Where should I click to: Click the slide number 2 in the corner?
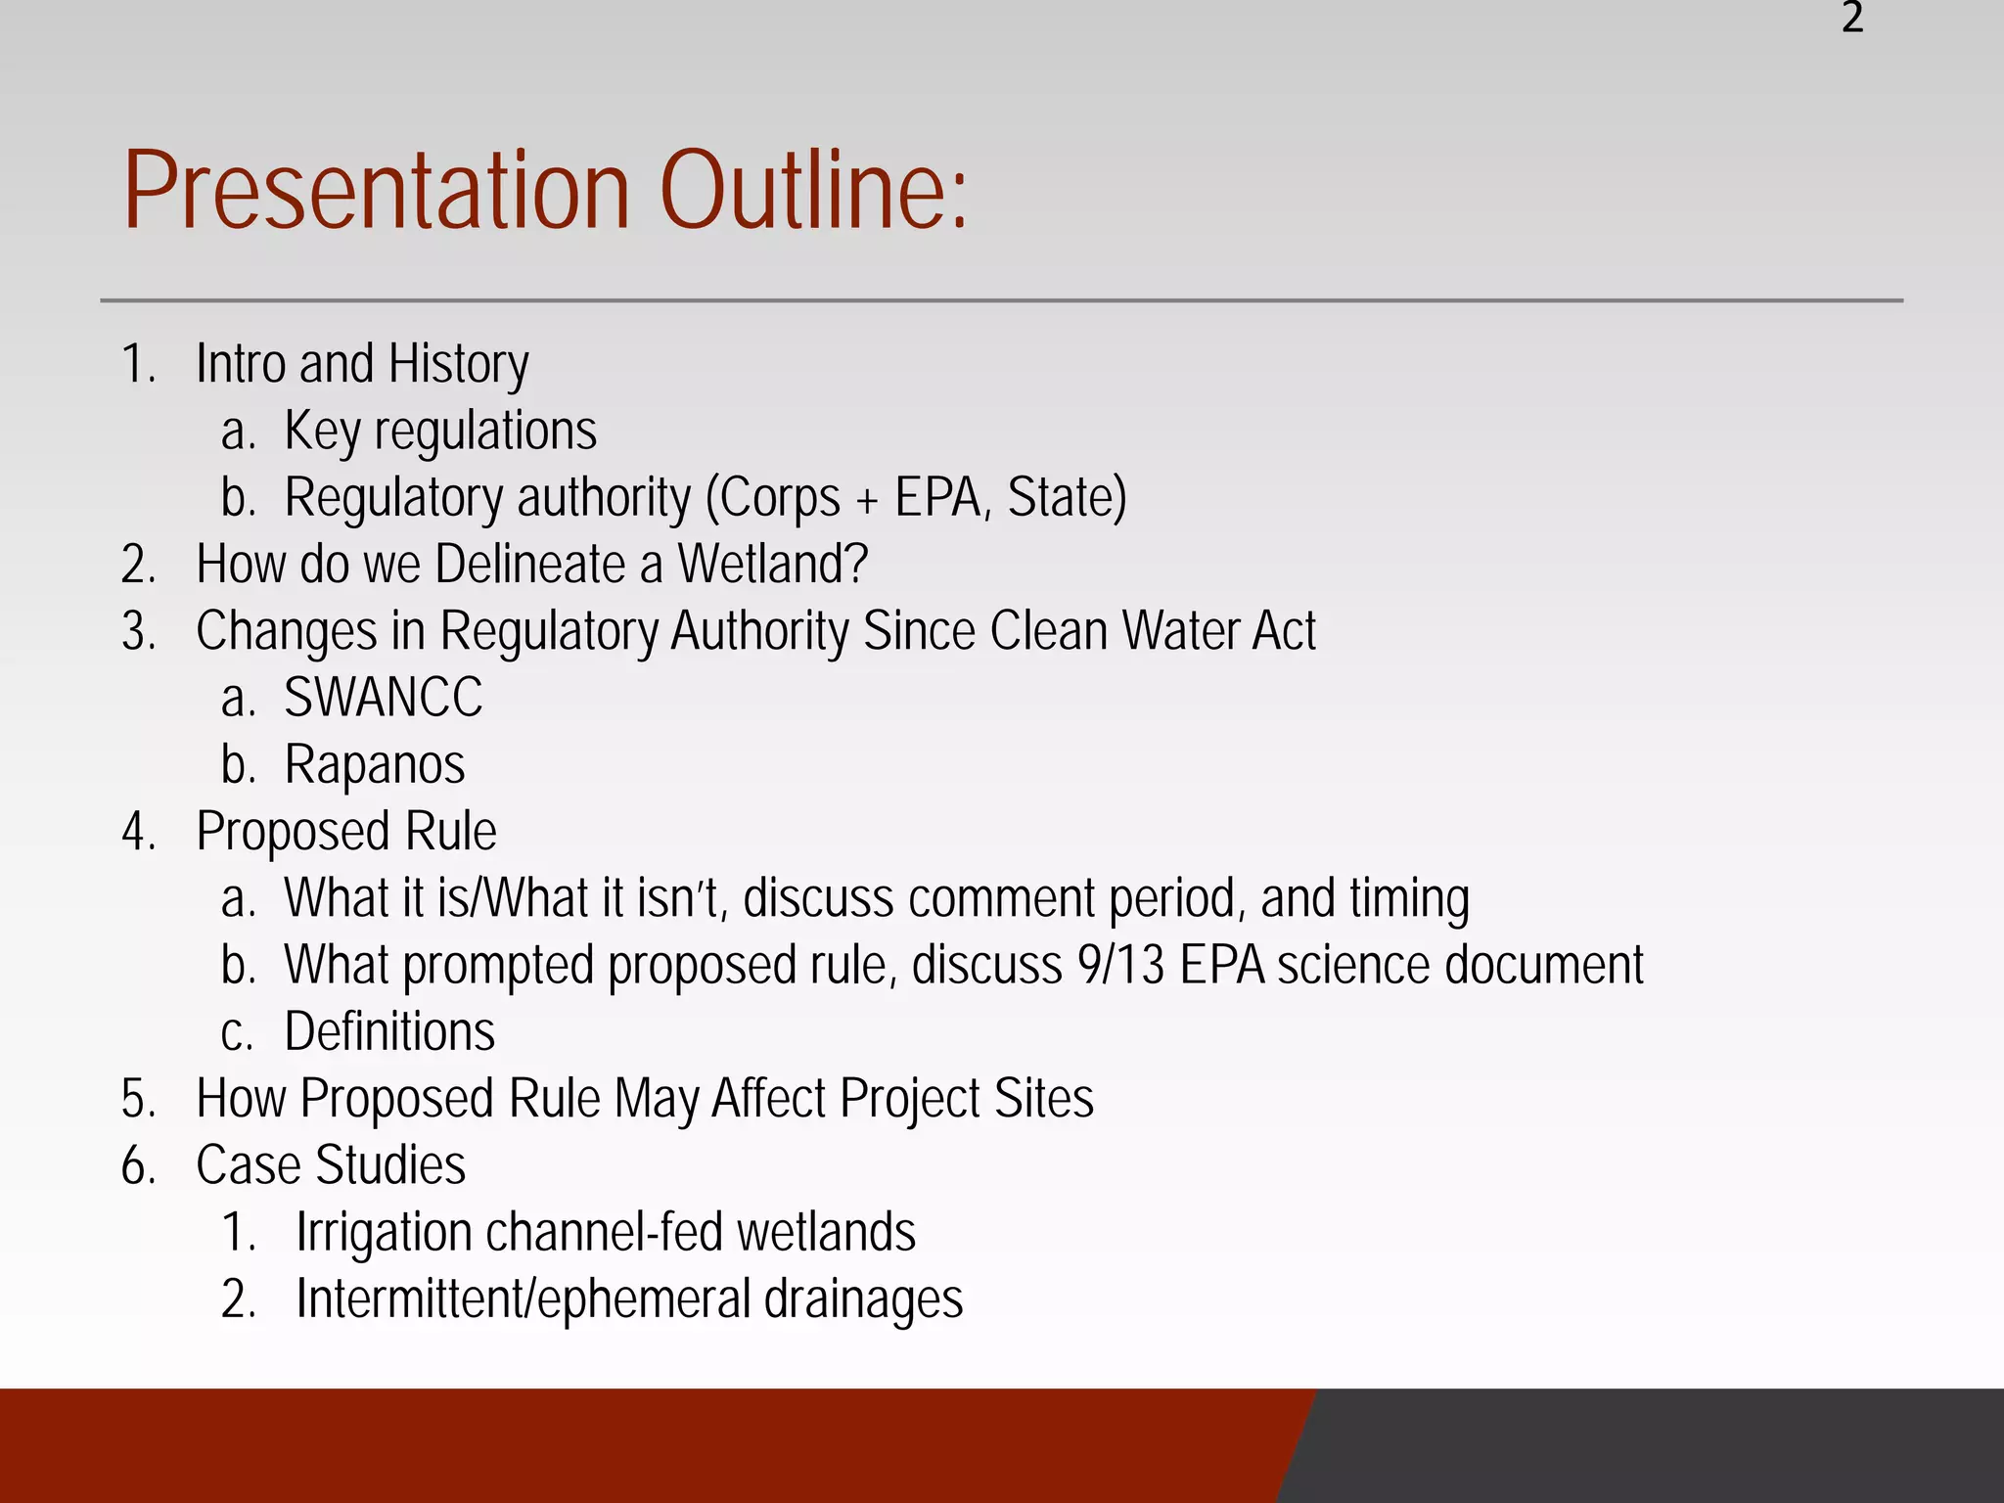(1851, 18)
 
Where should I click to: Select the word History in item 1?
(458, 365)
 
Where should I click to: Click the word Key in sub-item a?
(322, 432)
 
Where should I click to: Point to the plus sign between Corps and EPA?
(867, 500)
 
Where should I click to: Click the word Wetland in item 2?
(772, 565)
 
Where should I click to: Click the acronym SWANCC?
(384, 698)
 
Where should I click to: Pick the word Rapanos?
(375, 765)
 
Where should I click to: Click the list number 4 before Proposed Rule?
(137, 832)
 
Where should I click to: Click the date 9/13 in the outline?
(1121, 966)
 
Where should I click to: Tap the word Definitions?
(389, 1032)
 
